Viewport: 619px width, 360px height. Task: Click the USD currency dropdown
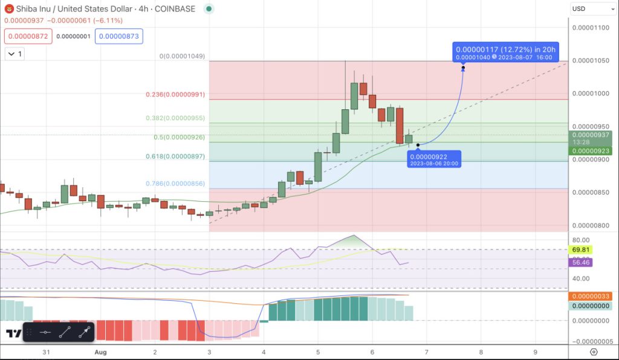(593, 9)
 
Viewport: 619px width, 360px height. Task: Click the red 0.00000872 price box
(27, 36)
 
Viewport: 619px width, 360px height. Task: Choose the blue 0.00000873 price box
(118, 36)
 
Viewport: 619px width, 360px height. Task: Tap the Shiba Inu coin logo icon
(9, 9)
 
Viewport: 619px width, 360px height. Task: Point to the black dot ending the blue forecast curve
(463, 68)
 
